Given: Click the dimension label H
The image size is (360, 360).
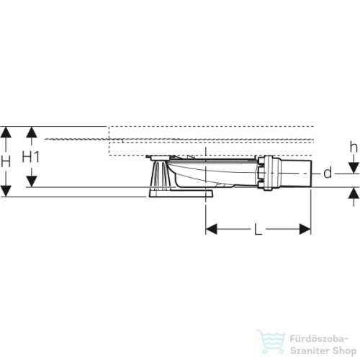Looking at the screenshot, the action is pyautogui.click(x=5, y=161).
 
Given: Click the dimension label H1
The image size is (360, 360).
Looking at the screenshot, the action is pyautogui.click(x=30, y=157).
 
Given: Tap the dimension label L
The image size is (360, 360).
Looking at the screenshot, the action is pyautogui.click(x=258, y=230).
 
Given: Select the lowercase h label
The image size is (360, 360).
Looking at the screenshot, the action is pyautogui.click(x=354, y=147).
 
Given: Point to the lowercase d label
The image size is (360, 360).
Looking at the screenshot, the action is pyautogui.click(x=328, y=173).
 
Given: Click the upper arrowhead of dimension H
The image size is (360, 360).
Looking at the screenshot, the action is pyautogui.click(x=6, y=132).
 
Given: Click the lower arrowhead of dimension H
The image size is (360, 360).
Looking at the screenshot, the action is pyautogui.click(x=6, y=191).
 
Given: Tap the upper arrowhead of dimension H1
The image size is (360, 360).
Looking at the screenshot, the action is pyautogui.click(x=32, y=132).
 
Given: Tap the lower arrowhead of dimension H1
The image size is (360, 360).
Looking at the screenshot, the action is pyautogui.click(x=32, y=181).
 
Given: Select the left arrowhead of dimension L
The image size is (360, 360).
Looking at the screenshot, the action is pyautogui.click(x=212, y=229).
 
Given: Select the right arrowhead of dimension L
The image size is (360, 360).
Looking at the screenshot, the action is pyautogui.click(x=305, y=229).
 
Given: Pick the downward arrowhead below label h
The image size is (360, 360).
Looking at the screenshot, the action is pyautogui.click(x=354, y=168).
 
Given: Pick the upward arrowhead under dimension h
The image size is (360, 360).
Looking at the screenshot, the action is pyautogui.click(x=354, y=193).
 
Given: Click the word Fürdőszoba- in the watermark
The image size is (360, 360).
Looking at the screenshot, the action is pyautogui.click(x=319, y=339).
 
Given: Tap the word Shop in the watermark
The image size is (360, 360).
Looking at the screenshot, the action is pyautogui.click(x=344, y=351).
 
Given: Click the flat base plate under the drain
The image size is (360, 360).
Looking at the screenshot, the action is pyautogui.click(x=181, y=194).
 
